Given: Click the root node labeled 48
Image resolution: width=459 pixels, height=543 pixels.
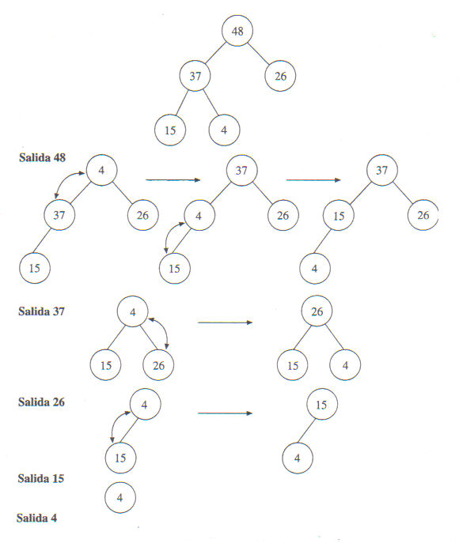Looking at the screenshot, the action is pos(237,31).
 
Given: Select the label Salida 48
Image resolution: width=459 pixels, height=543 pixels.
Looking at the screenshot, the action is pos(42,157).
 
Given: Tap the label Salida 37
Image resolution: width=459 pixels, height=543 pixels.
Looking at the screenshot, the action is pos(41,311).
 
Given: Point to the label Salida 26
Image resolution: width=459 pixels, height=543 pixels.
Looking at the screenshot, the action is pos(41,402).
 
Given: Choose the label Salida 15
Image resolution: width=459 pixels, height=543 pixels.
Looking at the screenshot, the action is pos(41,479).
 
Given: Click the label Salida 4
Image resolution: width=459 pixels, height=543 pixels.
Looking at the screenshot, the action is pos(36,518).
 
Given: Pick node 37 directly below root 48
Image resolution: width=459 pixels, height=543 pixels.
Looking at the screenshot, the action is pos(195,76).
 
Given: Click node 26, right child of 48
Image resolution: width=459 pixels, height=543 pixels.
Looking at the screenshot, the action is pos(280,76).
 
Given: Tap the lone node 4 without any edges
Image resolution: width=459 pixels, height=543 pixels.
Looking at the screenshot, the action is pos(120,498).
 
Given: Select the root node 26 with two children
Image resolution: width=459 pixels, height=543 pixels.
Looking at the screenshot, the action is pos(317,311).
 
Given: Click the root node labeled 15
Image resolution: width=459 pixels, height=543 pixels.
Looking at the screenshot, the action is pos(322,405).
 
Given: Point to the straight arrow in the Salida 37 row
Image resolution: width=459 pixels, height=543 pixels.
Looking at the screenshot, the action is pos(225,322).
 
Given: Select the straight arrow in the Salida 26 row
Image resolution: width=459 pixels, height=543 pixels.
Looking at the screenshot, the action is pos(225,413).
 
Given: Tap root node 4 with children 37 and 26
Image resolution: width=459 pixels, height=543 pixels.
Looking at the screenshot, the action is pos(101,170).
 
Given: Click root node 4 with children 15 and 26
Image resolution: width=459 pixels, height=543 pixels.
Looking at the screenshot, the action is pos(132,311).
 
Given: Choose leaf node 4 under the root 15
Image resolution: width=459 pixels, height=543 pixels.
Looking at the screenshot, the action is pos(298,458).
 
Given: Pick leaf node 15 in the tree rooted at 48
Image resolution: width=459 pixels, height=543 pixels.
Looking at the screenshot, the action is pos(170,130).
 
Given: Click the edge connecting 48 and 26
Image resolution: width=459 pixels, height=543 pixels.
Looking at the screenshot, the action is pos(258,54).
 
